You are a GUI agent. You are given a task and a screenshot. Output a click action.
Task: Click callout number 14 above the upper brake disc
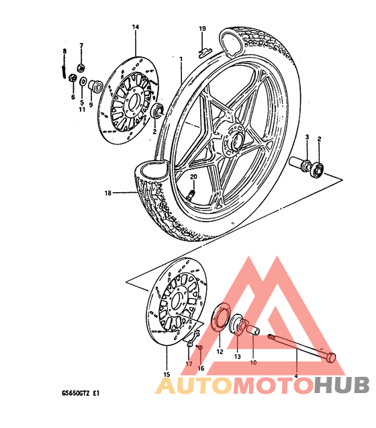(x=136, y=27)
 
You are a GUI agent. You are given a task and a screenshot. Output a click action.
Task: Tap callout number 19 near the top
(x=202, y=28)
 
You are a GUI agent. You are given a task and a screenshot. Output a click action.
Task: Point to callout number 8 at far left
(x=64, y=51)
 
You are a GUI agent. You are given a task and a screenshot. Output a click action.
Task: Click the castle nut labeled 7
(x=81, y=67)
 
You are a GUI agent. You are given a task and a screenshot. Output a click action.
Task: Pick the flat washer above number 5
(x=83, y=81)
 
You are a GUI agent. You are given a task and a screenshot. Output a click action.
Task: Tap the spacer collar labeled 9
(x=95, y=85)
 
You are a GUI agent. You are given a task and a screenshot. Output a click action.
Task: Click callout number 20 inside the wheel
(x=193, y=177)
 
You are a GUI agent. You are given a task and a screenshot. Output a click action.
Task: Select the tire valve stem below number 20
(x=191, y=196)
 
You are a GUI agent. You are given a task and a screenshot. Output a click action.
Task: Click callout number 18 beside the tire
(x=108, y=193)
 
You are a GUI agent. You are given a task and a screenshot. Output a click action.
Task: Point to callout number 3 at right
(x=307, y=137)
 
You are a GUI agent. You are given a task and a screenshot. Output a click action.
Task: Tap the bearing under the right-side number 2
(x=318, y=169)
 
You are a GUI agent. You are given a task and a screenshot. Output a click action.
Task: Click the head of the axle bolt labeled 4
(x=331, y=357)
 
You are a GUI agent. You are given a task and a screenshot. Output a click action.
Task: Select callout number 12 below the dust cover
(x=220, y=352)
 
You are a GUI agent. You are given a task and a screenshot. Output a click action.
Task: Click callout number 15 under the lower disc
(x=167, y=374)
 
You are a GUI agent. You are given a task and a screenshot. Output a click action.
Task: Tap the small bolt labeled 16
(x=199, y=347)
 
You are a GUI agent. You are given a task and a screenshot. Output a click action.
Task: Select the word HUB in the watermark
(x=341, y=385)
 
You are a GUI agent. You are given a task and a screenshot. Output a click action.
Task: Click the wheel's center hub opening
(x=238, y=140)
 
